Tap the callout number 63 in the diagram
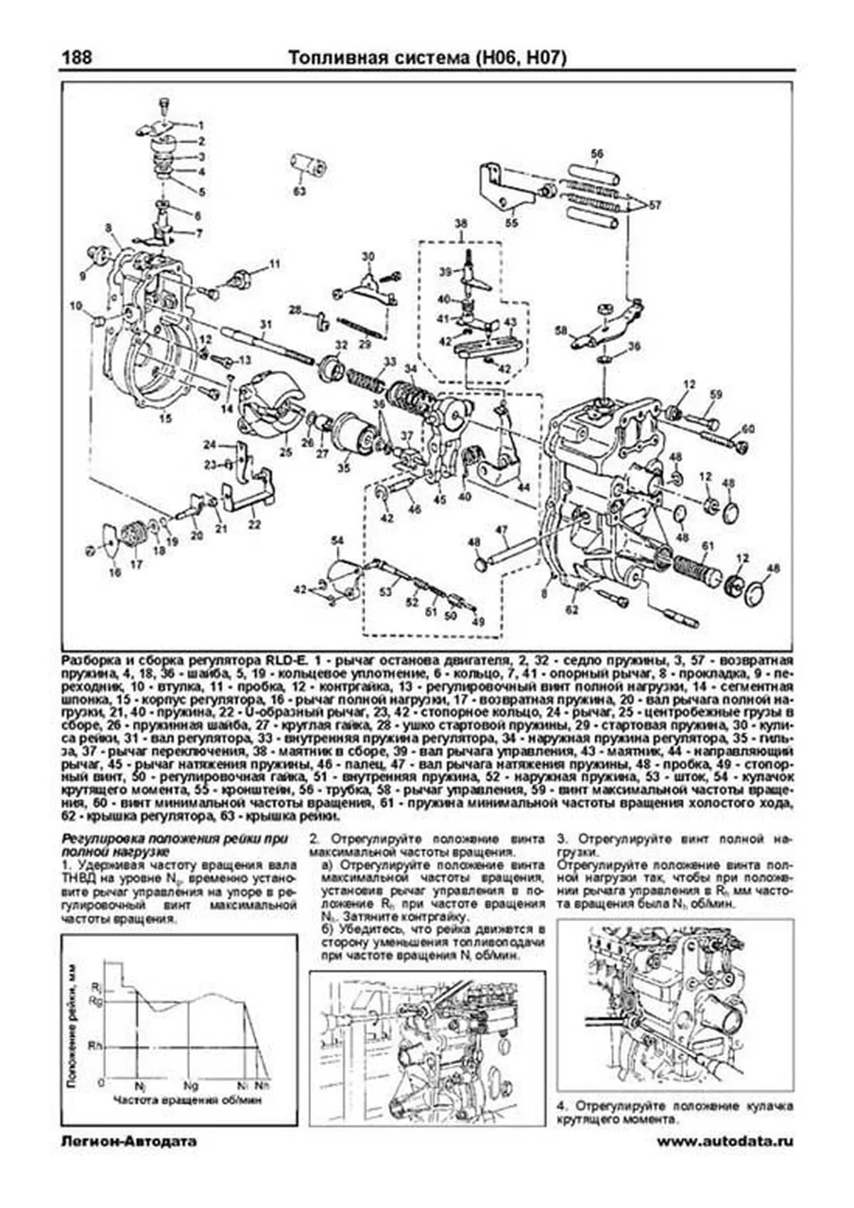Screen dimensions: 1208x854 (x=300, y=191)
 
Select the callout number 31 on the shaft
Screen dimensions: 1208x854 (x=265, y=325)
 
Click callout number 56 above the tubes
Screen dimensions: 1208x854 (x=596, y=153)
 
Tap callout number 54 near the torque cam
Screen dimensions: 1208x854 (x=337, y=540)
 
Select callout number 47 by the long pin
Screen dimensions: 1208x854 (x=502, y=530)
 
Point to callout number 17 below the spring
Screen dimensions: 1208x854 (x=136, y=564)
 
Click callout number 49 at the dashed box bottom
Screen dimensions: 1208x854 (x=478, y=621)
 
